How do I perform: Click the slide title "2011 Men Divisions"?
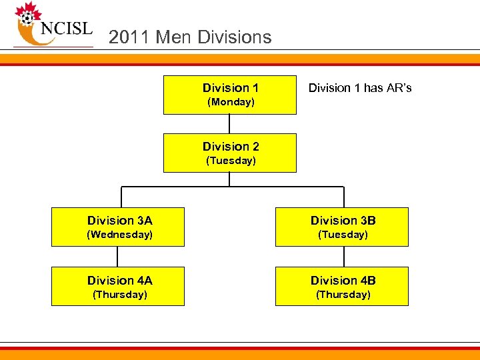[x=190, y=37]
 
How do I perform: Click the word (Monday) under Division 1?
[x=231, y=102]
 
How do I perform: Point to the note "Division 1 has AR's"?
[x=360, y=88]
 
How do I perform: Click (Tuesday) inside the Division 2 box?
[x=231, y=161]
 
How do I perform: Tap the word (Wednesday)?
[x=121, y=235]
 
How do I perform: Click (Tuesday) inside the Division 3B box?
[x=343, y=235]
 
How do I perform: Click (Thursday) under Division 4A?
[x=120, y=295]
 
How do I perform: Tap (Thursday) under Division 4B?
[x=343, y=295]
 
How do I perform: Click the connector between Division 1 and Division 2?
[x=230, y=124]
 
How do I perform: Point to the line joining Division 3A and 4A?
[x=118, y=257]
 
